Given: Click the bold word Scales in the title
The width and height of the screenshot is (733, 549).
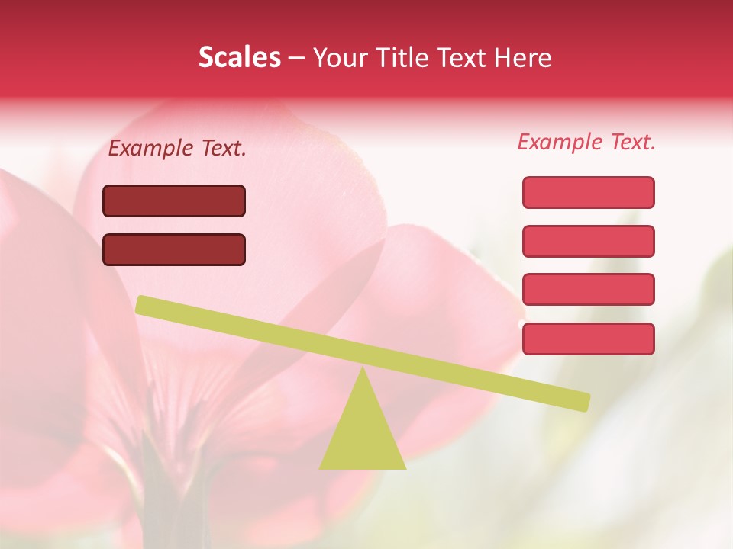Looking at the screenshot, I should pos(239,58).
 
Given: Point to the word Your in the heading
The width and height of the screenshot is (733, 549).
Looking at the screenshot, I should pos(340,58).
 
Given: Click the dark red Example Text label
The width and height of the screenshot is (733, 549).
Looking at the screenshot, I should pos(177,149).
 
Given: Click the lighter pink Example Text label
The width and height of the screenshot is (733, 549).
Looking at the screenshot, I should pos(586,142).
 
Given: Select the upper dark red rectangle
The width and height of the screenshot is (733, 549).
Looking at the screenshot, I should pos(174,201).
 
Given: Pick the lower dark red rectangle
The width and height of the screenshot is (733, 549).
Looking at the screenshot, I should pos(174,249).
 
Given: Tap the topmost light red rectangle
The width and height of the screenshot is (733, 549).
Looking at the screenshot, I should pos(588,192).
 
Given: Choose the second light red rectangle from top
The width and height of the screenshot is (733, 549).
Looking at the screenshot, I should pos(588,241).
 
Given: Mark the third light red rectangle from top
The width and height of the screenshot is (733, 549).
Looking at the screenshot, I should pos(588,290).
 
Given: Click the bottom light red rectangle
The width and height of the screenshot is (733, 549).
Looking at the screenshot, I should pos(588,339).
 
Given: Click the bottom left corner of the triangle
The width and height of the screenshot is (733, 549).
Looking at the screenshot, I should pos(321,467).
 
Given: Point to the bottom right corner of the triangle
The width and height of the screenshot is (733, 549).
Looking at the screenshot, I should pos(405,467).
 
